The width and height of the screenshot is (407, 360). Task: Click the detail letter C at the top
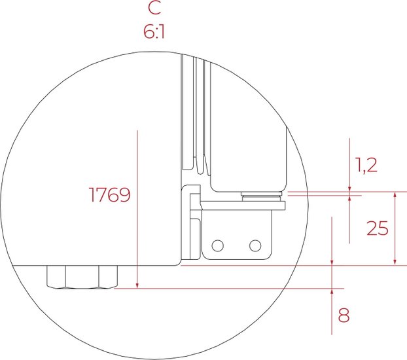click(154, 8)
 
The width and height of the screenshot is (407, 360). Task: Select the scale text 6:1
click(154, 33)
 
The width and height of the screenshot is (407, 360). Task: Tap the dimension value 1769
click(109, 194)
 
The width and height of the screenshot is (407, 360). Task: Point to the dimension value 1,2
click(366, 165)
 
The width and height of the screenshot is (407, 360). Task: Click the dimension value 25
click(378, 228)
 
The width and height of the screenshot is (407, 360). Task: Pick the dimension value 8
click(344, 315)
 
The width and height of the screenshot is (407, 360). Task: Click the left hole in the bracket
click(217, 245)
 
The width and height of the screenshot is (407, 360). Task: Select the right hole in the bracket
click(255, 245)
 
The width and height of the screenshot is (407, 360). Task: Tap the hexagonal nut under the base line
click(82, 277)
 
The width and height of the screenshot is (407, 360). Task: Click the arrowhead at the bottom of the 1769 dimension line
click(137, 285)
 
